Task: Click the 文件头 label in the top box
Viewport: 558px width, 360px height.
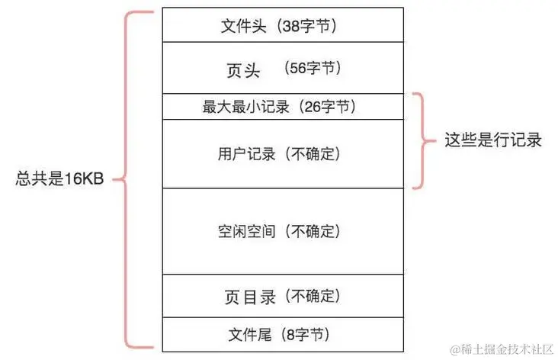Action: pyautogui.click(x=245, y=25)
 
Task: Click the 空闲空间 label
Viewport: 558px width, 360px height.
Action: pyautogui.click(x=246, y=230)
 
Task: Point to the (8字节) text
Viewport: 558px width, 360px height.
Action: pyautogui.click(x=307, y=334)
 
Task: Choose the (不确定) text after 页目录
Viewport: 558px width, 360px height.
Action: pyautogui.click(x=312, y=295)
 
